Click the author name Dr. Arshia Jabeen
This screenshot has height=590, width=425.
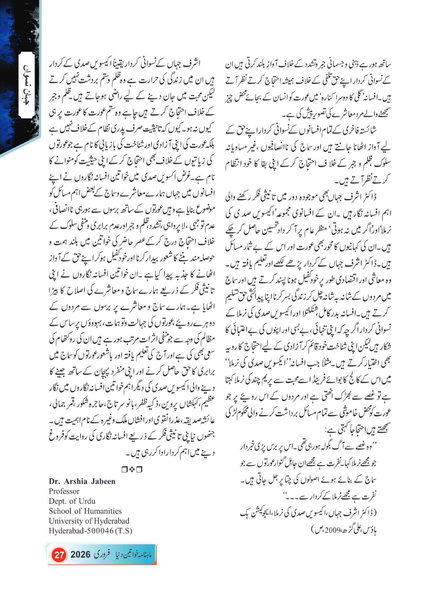pyautogui.click(x=82, y=481)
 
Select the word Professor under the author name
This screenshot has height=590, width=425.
pyautogui.click(x=64, y=491)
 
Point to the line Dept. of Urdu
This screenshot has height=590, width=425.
pyautogui.click(x=72, y=501)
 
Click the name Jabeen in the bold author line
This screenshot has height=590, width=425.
pyautogui.click(x=103, y=481)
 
